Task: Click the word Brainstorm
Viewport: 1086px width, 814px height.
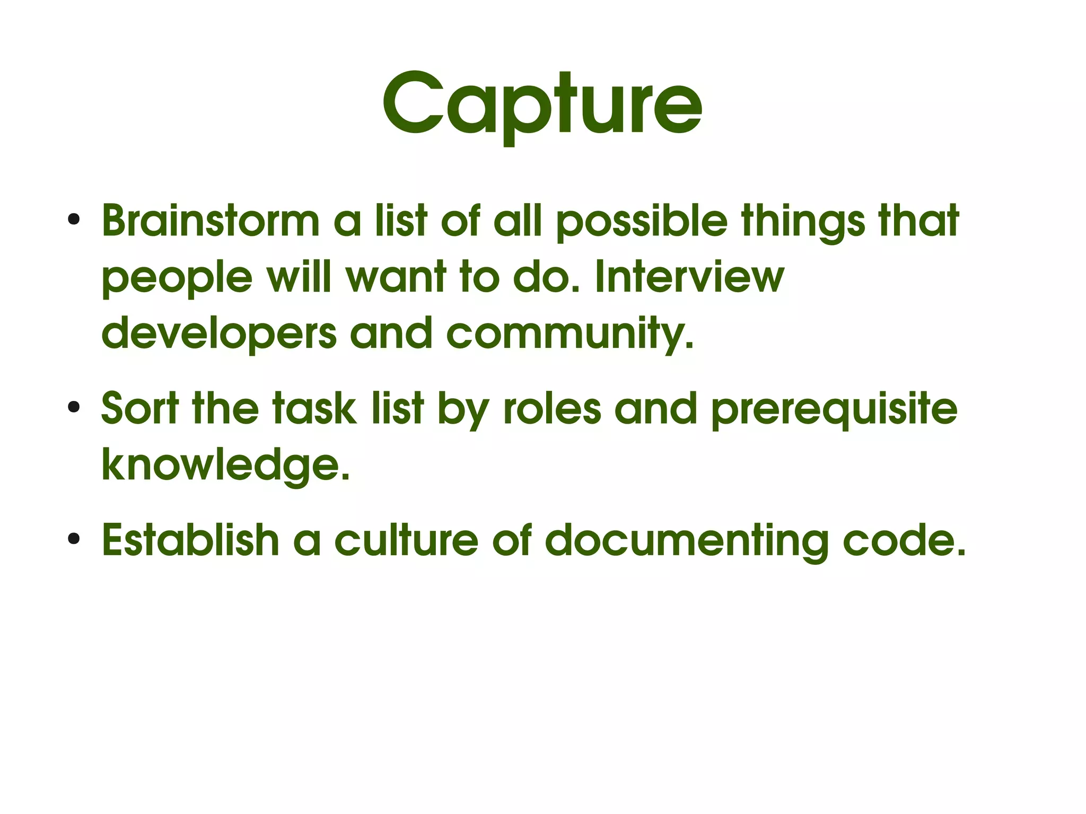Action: (211, 221)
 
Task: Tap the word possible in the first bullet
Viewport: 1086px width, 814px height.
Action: (641, 222)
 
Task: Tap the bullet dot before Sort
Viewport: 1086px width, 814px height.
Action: (74, 407)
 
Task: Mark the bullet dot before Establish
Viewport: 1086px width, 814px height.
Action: (74, 539)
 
